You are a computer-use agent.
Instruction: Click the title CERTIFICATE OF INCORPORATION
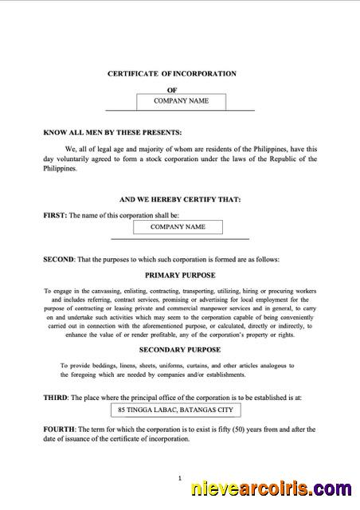[172, 73]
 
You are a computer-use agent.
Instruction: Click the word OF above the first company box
[171, 90]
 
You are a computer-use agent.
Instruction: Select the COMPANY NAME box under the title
[181, 101]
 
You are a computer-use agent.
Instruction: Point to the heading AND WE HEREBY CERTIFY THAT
[179, 199]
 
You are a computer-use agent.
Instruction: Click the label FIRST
[55, 215]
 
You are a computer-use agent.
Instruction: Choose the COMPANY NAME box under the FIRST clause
[178, 227]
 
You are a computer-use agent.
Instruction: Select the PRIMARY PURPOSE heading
[179, 274]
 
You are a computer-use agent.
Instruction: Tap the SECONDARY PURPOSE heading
[179, 350]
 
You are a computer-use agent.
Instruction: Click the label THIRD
[56, 397]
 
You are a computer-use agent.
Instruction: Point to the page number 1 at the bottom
[180, 478]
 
